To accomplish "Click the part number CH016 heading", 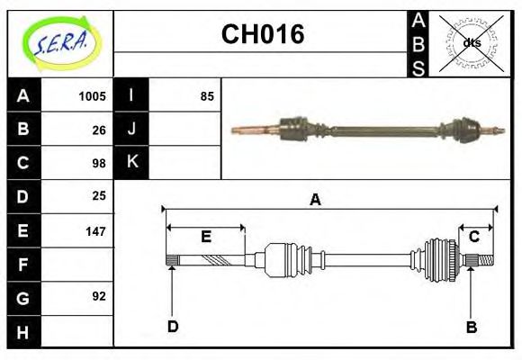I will pyautogui.click(x=262, y=35).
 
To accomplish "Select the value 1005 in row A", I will pyautogui.click(x=92, y=96).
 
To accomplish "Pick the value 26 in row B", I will pyautogui.click(x=99, y=130).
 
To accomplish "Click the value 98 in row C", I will pyautogui.click(x=99, y=163).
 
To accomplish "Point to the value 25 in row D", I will pyautogui.click(x=99, y=195).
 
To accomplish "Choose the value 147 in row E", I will pyautogui.click(x=95, y=230).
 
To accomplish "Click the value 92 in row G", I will pyautogui.click(x=99, y=295).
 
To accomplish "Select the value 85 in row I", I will pyautogui.click(x=207, y=96).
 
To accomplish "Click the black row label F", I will pyautogui.click(x=23, y=264).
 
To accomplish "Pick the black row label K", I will pyautogui.click(x=131, y=162).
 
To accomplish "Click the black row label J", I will pyautogui.click(x=131, y=129).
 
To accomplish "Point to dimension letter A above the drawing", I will pyautogui.click(x=315, y=200).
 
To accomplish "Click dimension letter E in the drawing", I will pyautogui.click(x=205, y=237).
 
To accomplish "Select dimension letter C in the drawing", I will pyautogui.click(x=472, y=237).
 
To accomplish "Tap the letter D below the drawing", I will pyautogui.click(x=172, y=326).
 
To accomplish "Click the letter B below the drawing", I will pyautogui.click(x=471, y=326).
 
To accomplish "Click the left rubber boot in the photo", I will pyautogui.click(x=294, y=130).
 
